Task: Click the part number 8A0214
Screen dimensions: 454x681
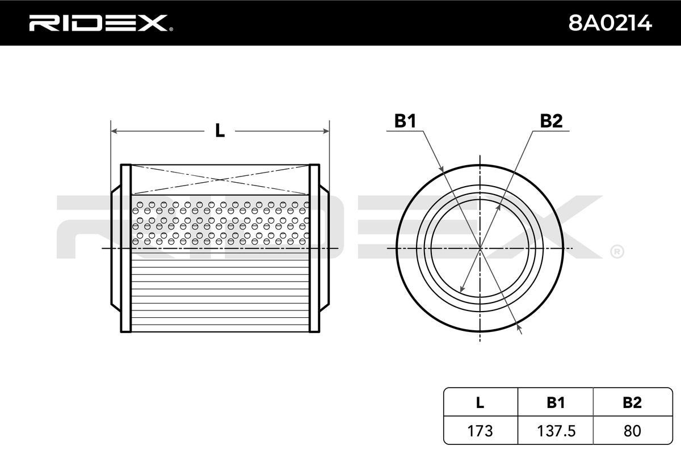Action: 610,23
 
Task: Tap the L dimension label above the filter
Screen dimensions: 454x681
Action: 220,131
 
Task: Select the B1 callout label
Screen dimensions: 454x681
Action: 406,121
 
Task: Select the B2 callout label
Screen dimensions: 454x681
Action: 550,121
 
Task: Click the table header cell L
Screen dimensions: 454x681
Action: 480,403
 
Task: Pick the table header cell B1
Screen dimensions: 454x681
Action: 556,403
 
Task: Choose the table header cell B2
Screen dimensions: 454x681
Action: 632,403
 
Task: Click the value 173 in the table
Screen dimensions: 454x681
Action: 480,431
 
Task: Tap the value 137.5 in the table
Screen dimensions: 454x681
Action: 556,431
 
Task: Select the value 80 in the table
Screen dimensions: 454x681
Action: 632,431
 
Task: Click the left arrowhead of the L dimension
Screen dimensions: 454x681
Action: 113,131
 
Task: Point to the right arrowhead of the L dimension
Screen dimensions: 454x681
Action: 326,131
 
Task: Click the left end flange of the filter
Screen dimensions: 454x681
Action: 126,248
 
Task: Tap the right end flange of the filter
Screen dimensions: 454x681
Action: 314,248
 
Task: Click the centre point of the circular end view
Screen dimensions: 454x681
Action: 480,249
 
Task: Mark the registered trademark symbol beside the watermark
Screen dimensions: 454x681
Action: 617,250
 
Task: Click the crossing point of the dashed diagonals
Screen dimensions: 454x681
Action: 220,180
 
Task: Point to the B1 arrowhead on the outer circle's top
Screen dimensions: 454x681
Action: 441,169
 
